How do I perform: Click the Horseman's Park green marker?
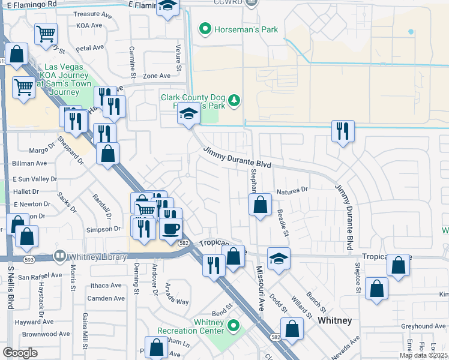coord(205,28)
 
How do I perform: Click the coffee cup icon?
coord(170,229)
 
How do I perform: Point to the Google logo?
coord(19,353)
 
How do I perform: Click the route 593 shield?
coord(28,260)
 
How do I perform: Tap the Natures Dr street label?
coord(292,190)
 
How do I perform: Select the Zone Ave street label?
coord(157,76)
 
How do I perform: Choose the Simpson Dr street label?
coord(103,229)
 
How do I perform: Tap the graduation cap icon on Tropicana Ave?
coord(279,259)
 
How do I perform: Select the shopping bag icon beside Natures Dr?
coord(260,205)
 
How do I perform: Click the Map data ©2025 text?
coord(423,355)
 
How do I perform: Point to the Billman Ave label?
coord(29,163)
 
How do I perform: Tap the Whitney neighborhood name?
coord(334,320)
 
